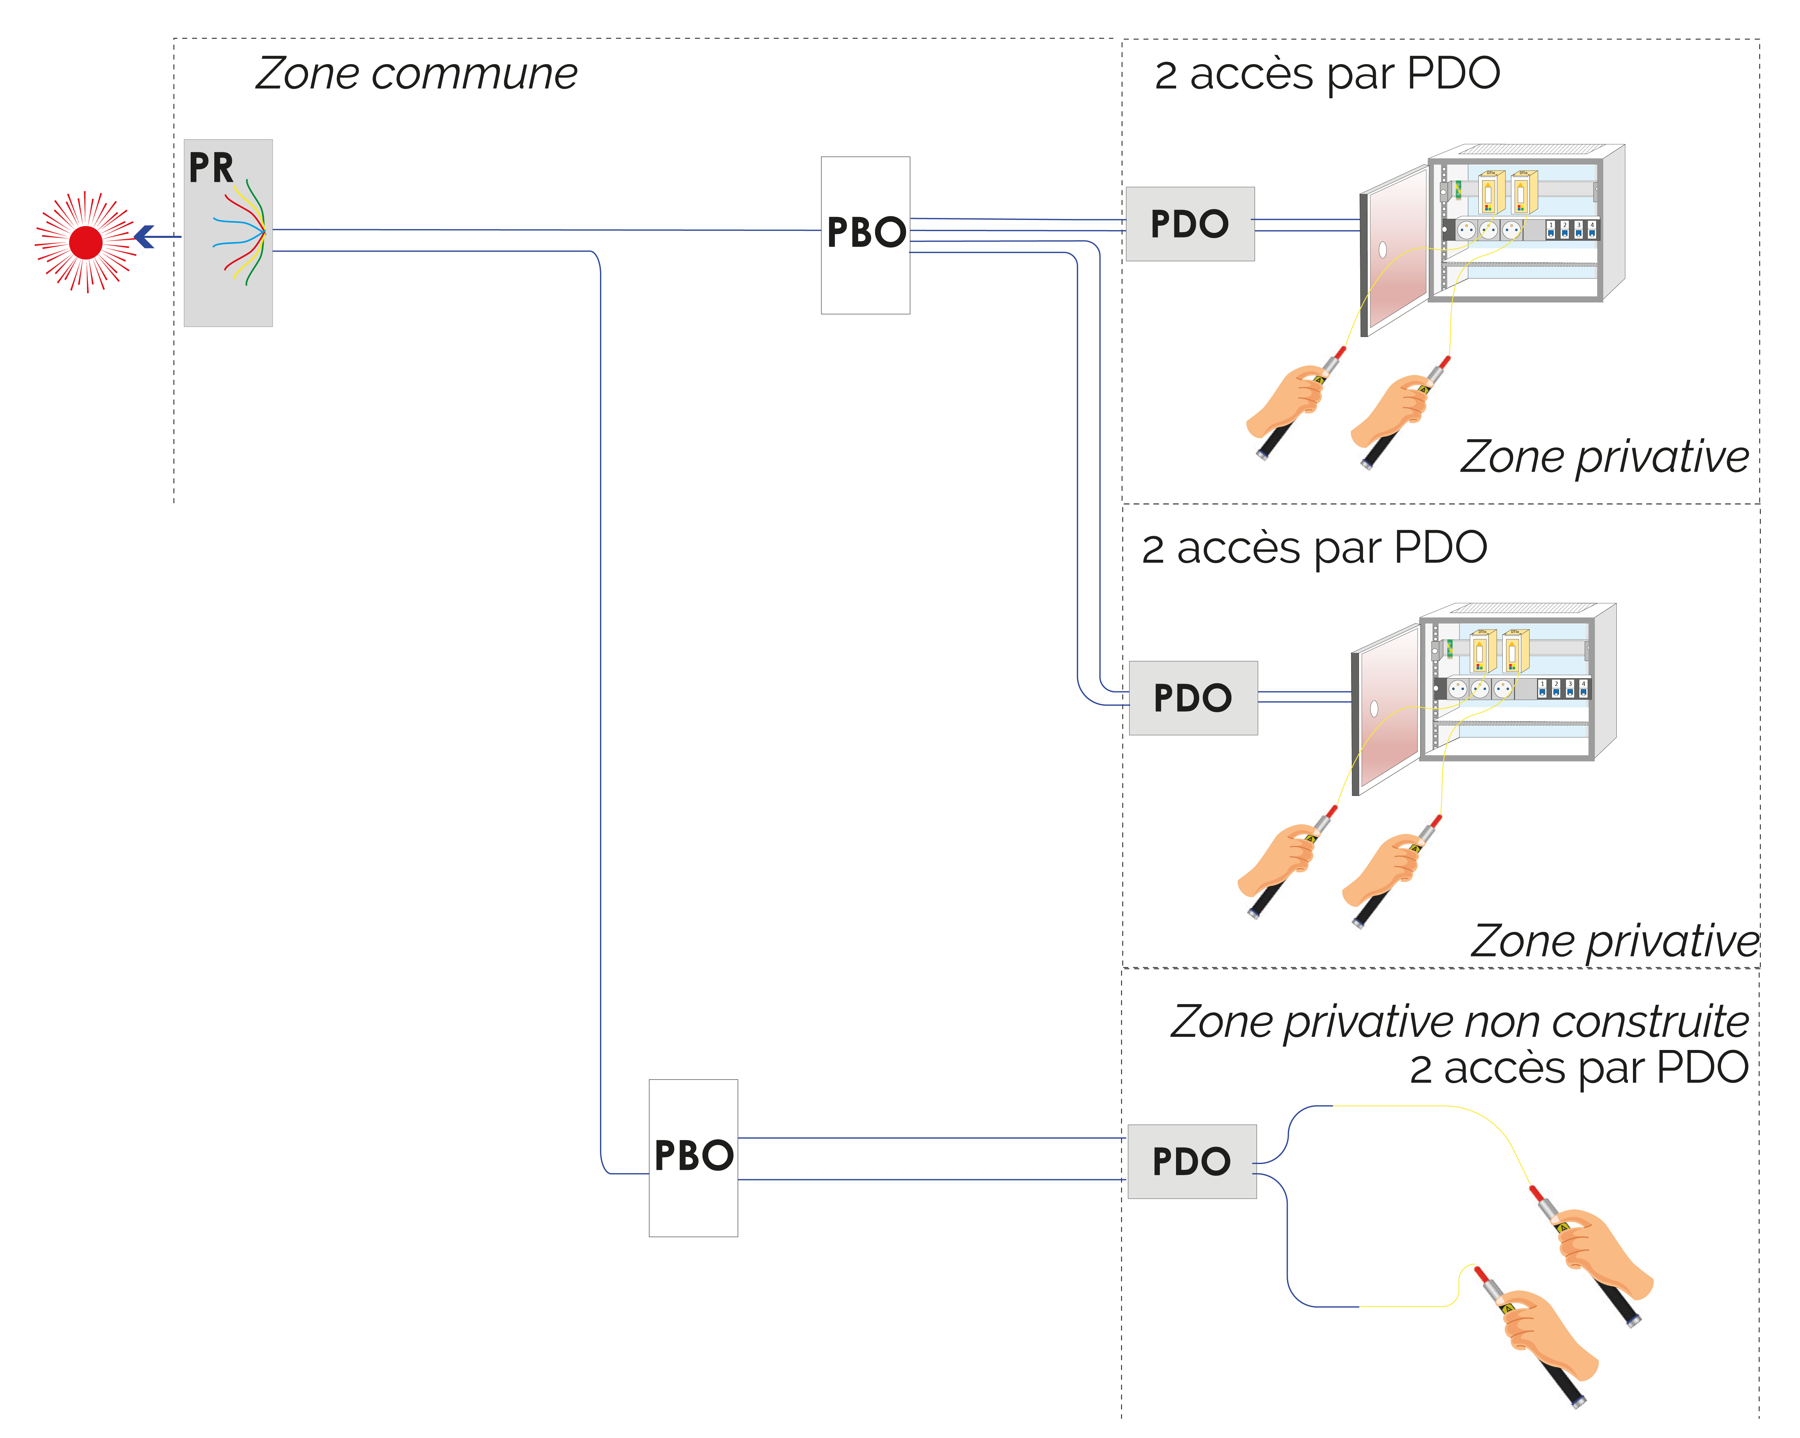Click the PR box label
point(210,168)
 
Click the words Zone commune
point(416,74)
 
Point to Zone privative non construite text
point(1458,1022)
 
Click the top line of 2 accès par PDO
point(1327,74)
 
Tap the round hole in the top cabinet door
point(1383,249)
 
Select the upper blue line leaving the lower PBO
point(931,1138)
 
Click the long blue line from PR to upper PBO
point(543,229)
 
